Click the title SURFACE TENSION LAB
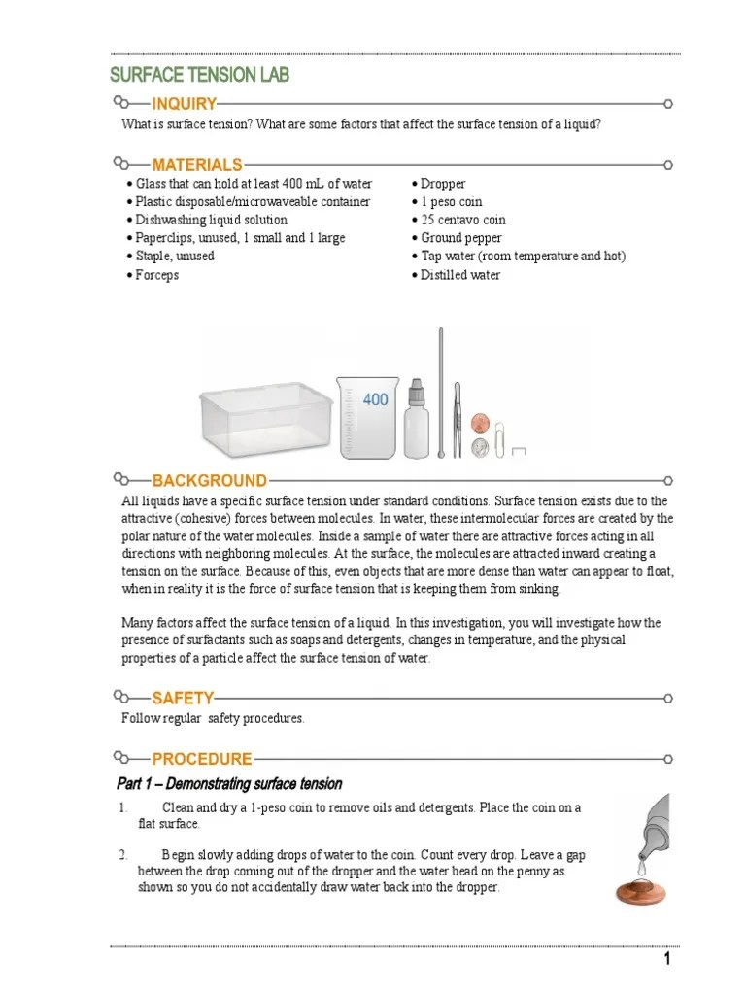pyautogui.click(x=199, y=76)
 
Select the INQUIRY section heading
pyautogui.click(x=184, y=104)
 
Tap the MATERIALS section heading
pyautogui.click(x=196, y=165)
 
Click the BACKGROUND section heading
pyautogui.click(x=209, y=480)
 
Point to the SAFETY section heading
pyautogui.click(x=183, y=698)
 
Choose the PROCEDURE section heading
pyautogui.click(x=202, y=759)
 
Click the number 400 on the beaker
pyautogui.click(x=376, y=399)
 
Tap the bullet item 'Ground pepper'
pyautogui.click(x=460, y=238)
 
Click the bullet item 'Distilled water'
pyautogui.click(x=459, y=275)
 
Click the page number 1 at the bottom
pyautogui.click(x=667, y=960)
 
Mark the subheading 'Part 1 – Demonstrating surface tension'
pyautogui.click(x=229, y=784)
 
